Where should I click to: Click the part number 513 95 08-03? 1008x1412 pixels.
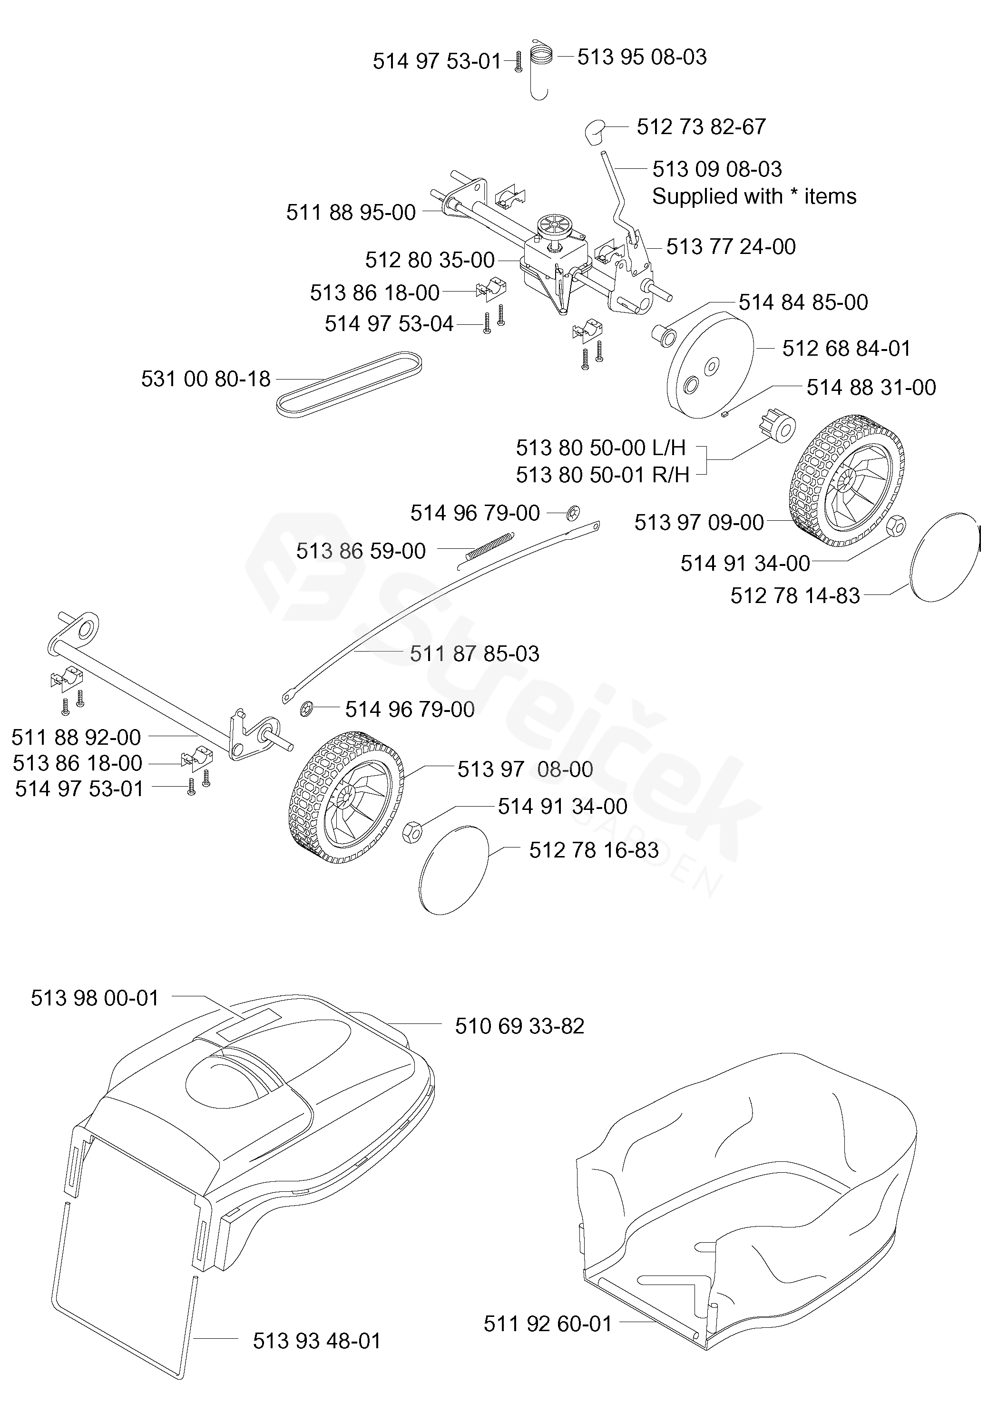[642, 57]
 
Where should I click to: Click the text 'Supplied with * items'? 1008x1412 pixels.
[754, 197]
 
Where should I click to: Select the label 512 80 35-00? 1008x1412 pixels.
[430, 260]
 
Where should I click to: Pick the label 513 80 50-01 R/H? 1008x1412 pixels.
[603, 475]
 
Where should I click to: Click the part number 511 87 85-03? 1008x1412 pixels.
[475, 654]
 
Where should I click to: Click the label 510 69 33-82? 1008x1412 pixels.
[519, 1026]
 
